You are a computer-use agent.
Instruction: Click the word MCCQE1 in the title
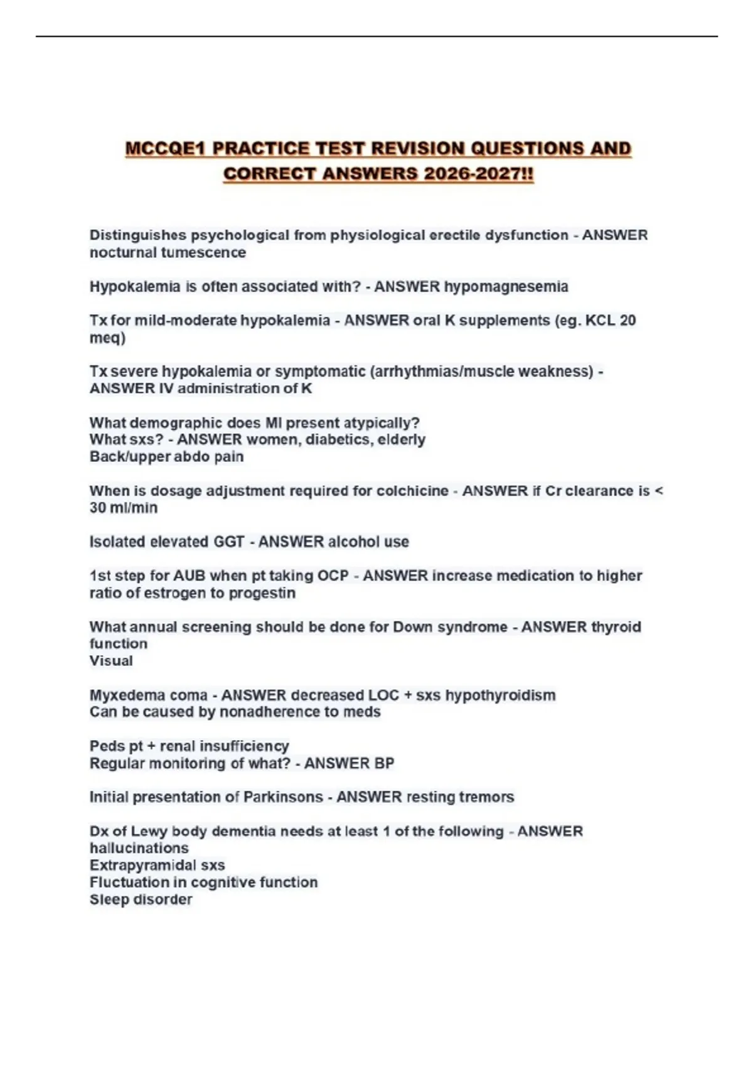166,149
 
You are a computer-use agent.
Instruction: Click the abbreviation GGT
228,542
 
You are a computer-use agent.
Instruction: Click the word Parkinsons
283,797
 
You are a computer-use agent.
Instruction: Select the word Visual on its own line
111,661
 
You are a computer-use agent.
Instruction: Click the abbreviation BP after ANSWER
384,763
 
